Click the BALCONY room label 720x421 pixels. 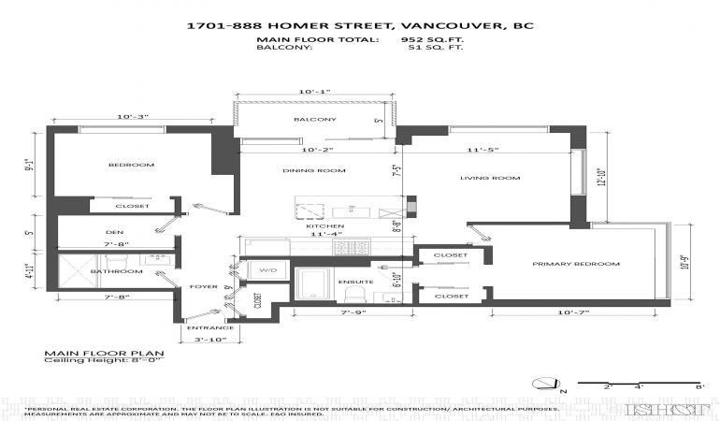coord(314,120)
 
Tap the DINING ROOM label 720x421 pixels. coord(314,170)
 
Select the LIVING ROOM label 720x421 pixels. coord(489,178)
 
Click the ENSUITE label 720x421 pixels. coord(356,282)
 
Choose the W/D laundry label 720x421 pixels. coord(268,270)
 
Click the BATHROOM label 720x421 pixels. coord(116,271)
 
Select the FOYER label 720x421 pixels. coord(203,287)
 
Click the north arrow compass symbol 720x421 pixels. coord(543,382)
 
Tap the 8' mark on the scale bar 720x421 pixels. coord(699,386)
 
